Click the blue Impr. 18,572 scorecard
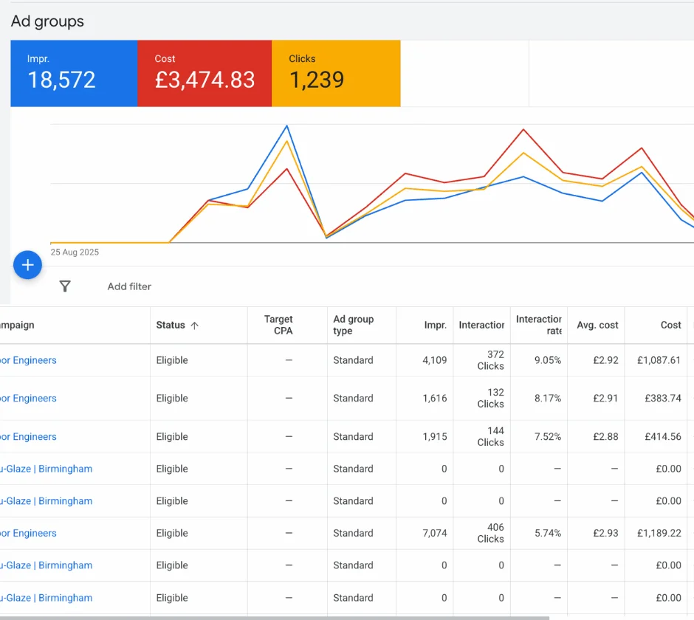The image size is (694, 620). point(74,73)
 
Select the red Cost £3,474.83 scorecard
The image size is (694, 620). point(205,73)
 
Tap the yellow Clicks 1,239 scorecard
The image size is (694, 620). point(336,73)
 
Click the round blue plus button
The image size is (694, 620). point(27,265)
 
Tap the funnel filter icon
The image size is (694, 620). point(65,286)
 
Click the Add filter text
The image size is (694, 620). point(129,286)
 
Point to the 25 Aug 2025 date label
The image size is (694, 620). point(75,252)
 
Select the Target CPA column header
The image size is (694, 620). point(278,325)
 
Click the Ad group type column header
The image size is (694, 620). point(354,325)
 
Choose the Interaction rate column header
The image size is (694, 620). point(538,325)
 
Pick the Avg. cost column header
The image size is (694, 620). point(597,325)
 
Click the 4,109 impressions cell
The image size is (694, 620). point(435,360)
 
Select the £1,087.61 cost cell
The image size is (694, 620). point(659,360)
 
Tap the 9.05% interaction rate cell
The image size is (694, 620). point(547,360)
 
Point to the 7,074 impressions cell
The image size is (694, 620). point(435,533)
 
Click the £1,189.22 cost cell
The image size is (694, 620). point(659,533)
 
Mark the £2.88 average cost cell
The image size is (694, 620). point(605,436)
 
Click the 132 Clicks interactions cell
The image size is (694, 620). point(490,398)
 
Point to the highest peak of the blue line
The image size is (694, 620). point(287,126)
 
